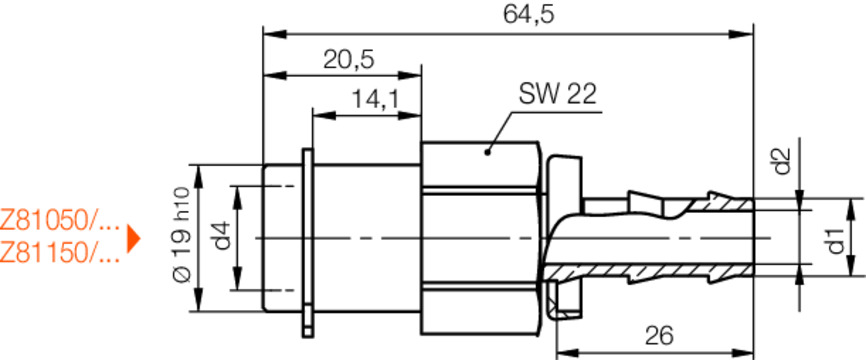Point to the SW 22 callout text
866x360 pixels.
557,94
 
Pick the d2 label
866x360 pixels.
783,160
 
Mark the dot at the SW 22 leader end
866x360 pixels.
488,151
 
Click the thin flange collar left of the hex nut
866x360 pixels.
307,240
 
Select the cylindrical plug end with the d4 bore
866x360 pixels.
280,238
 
